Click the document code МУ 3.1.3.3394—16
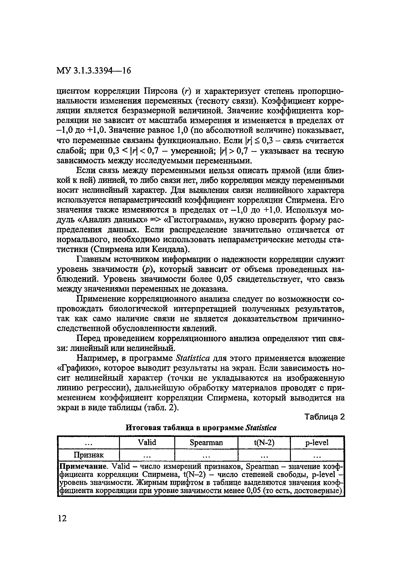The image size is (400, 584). pyautogui.click(x=94, y=71)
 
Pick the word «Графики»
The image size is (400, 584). pyautogui.click(x=78, y=368)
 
